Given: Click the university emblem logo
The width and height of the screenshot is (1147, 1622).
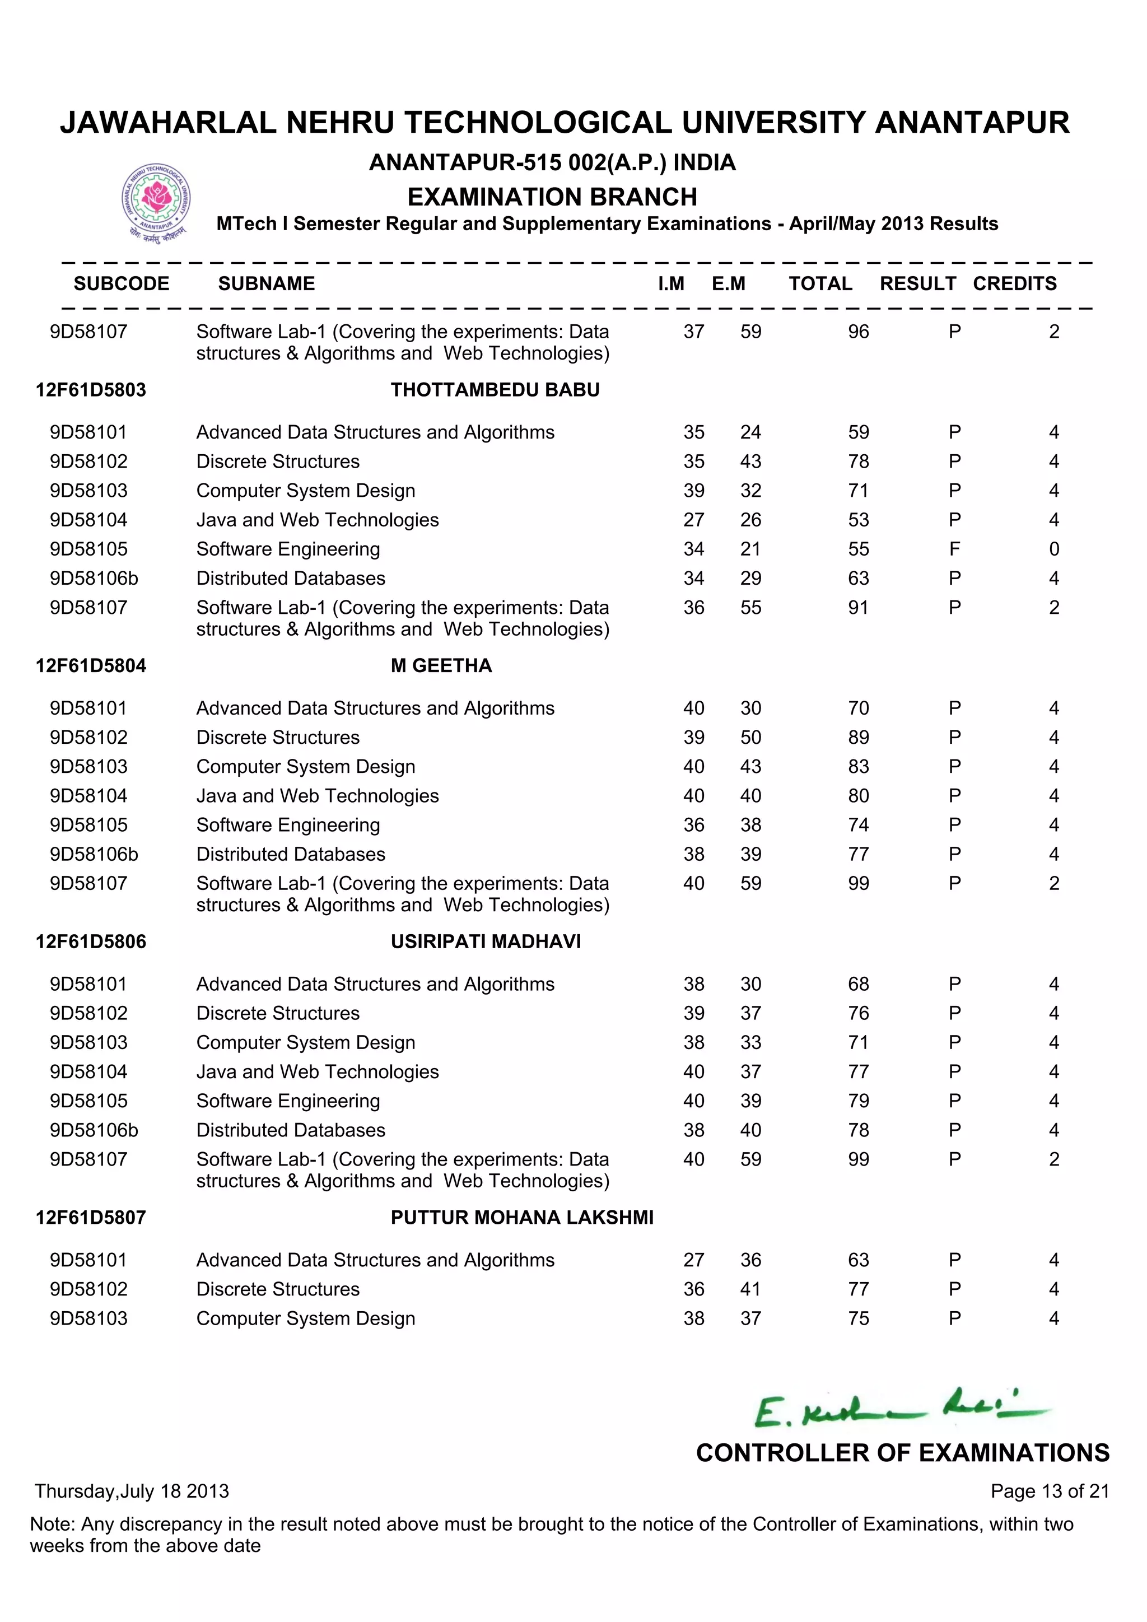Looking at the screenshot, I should pyautogui.click(x=156, y=201).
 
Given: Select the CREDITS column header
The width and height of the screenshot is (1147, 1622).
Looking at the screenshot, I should pyautogui.click(x=1014, y=283).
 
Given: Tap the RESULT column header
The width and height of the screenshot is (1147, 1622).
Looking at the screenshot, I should pyautogui.click(x=917, y=283).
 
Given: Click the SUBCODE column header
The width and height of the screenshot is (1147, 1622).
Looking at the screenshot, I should pyautogui.click(x=122, y=283).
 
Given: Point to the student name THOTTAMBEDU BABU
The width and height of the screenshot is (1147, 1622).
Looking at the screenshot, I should pyautogui.click(x=495, y=390).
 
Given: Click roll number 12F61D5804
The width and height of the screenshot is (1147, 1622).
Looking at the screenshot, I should pyautogui.click(x=91, y=665).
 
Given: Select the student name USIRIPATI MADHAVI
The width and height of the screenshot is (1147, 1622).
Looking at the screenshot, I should pyautogui.click(x=486, y=941).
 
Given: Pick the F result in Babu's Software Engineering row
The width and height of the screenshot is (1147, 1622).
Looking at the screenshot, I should pyautogui.click(x=954, y=549).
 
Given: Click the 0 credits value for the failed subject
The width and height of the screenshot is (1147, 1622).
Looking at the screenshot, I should pyautogui.click(x=1054, y=549).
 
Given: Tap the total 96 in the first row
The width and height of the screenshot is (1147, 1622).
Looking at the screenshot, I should pyautogui.click(x=858, y=332).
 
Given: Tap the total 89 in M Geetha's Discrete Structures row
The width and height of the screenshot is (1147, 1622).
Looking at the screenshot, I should pyautogui.click(x=858, y=737).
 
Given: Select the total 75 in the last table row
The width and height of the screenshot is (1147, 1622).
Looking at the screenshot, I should pyautogui.click(x=858, y=1318).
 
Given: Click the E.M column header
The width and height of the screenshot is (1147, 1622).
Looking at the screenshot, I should pyautogui.click(x=728, y=283).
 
